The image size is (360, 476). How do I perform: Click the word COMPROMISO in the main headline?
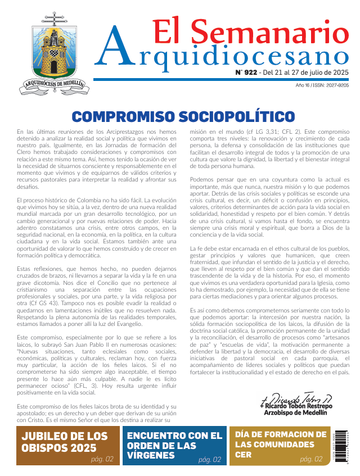(x=123, y=117)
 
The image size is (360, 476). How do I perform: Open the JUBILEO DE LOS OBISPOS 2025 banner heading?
(x=65, y=442)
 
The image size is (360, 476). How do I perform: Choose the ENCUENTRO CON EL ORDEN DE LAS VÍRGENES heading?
(x=175, y=445)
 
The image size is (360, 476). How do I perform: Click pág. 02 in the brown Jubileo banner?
(x=102, y=459)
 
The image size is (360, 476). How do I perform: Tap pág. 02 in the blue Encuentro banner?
(x=209, y=460)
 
